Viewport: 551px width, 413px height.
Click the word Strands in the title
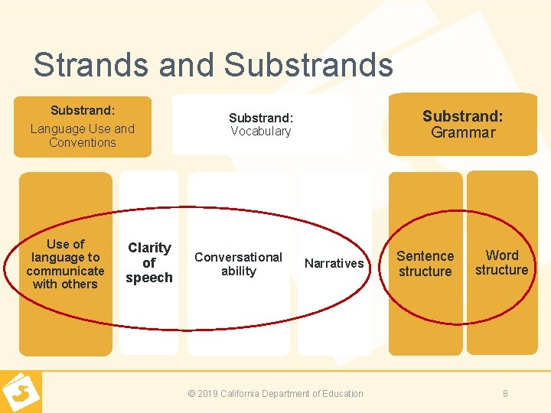91,64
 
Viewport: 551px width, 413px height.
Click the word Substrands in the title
308,64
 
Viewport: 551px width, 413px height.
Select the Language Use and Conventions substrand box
83,127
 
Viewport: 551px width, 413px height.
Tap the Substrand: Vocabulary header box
261,125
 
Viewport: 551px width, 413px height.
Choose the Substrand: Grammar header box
463,124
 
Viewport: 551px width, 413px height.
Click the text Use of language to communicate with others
66,264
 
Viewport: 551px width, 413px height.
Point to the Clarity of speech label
149,262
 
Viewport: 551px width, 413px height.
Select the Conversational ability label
239,264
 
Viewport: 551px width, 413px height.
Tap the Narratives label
334,264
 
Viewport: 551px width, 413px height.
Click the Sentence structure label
425,264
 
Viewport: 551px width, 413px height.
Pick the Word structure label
502,262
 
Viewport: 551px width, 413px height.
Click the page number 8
505,394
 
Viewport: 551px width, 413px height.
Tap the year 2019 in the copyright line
209,394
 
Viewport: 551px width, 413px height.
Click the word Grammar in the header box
463,133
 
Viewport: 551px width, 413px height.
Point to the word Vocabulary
261,132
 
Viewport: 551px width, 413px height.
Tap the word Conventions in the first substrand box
83,142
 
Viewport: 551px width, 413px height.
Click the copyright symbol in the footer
191,394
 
